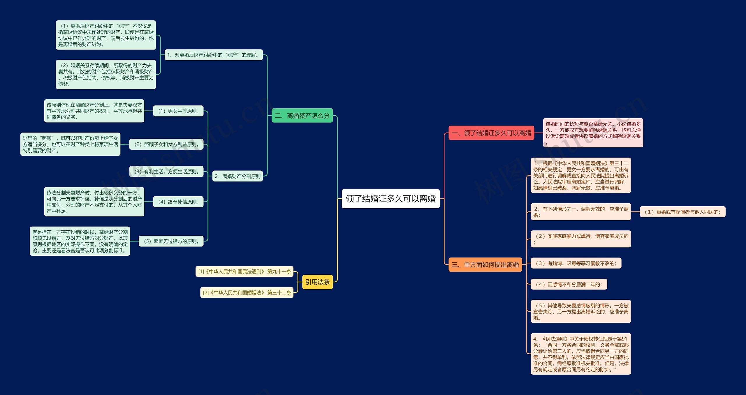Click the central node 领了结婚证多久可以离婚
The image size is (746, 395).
pos(390,199)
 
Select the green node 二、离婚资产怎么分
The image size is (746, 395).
pos(302,116)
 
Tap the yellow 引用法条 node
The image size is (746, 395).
pos(317,282)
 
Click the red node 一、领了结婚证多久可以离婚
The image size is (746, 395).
pos(491,133)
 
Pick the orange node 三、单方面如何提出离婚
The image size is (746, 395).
pos(485,264)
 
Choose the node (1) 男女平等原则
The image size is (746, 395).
pos(178,111)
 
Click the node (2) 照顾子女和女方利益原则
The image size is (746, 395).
pos(166,144)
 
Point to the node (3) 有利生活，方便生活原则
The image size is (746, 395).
pos(166,172)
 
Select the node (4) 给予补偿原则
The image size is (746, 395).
pos(178,202)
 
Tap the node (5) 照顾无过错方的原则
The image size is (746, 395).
pos(171,241)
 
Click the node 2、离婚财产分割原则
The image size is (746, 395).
pos(237,176)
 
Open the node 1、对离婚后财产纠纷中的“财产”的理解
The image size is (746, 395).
pos(214,55)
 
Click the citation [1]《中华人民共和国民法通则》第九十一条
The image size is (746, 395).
pos(244,271)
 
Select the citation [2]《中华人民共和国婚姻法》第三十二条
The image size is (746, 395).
pos(247,292)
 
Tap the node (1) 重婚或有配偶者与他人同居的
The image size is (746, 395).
pos(682,212)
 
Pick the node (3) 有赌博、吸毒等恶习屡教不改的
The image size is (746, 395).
pos(576,263)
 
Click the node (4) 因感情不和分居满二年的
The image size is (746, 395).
pos(569,284)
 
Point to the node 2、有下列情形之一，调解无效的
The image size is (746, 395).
pos(581,212)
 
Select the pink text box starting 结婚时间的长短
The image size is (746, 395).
pos(593,133)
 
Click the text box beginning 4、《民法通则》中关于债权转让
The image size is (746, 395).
pos(581,354)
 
